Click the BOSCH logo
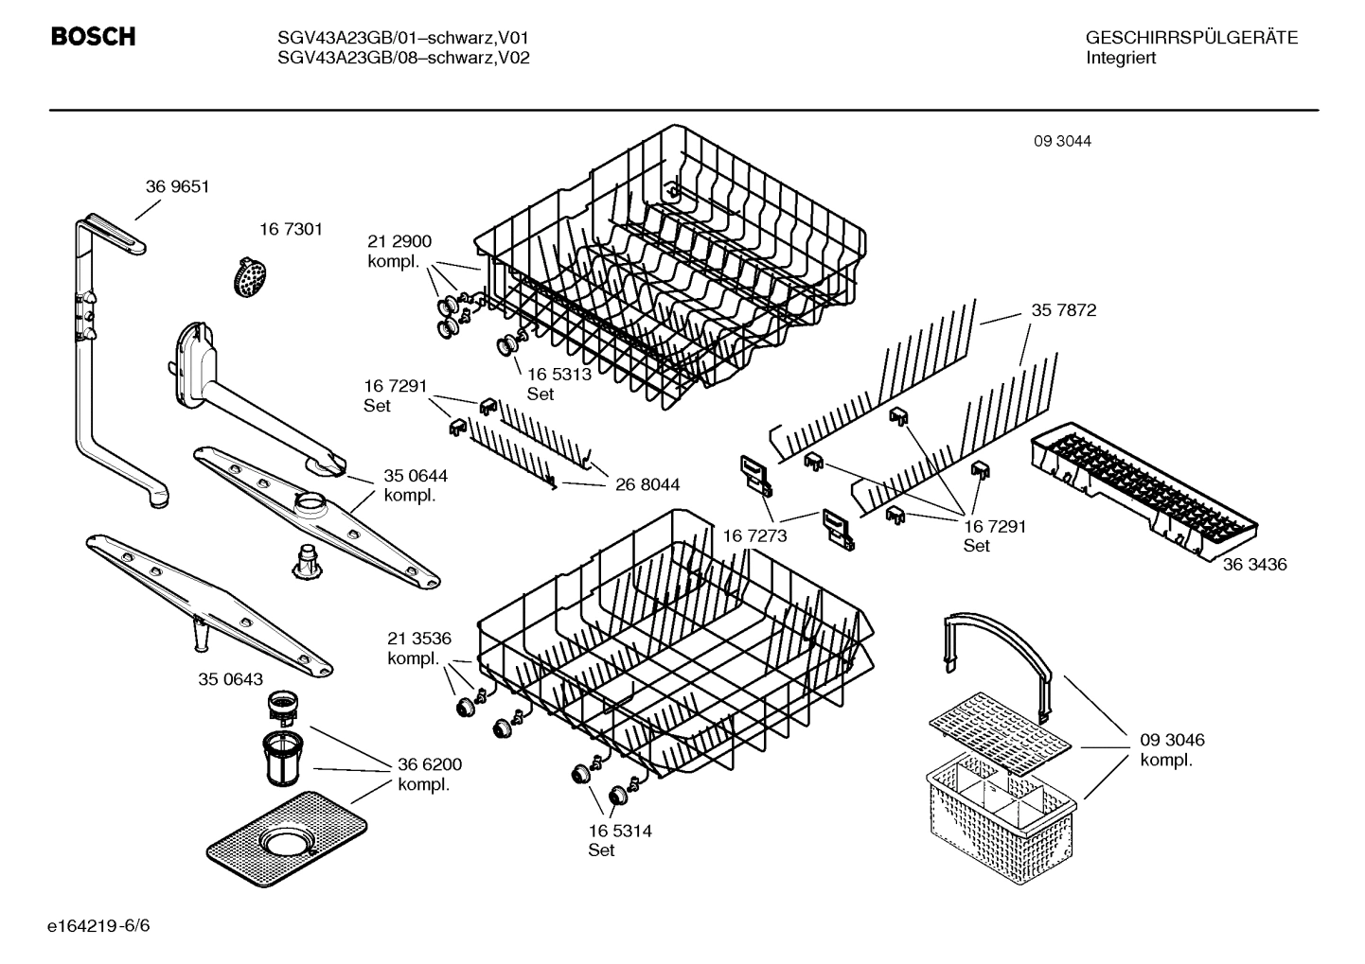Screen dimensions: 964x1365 93,37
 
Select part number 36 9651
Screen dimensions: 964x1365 177,187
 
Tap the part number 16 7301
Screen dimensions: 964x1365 291,229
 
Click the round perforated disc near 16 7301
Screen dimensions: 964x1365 250,278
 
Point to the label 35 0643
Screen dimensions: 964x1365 230,679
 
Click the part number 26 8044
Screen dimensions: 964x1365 647,485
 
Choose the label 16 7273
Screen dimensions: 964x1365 754,536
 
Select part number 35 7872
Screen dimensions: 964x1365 1063,310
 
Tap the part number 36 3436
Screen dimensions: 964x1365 1253,565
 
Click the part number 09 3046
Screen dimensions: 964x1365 1172,740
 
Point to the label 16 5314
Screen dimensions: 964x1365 619,831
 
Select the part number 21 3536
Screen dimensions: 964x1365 418,638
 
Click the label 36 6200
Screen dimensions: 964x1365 430,764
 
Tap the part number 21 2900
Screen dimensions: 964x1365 399,242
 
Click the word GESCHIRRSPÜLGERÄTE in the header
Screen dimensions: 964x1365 1191,38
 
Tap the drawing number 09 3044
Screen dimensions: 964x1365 1062,141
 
